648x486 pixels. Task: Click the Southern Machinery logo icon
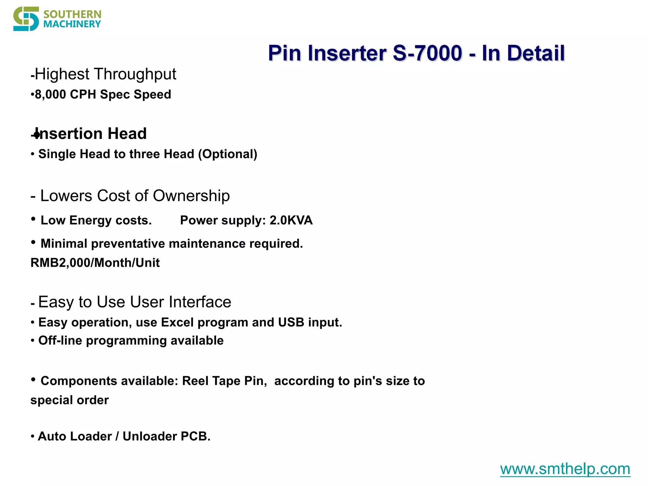click(x=26, y=19)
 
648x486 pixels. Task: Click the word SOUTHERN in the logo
click(x=72, y=14)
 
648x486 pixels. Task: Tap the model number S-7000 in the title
click(x=427, y=53)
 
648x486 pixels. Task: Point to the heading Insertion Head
click(x=90, y=134)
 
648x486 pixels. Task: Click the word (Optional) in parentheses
click(x=228, y=154)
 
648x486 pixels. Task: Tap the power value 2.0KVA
click(x=291, y=221)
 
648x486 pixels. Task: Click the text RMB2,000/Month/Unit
click(x=95, y=263)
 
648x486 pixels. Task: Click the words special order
click(x=70, y=400)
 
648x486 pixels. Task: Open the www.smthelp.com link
click(x=565, y=469)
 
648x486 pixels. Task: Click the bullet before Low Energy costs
click(x=33, y=219)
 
